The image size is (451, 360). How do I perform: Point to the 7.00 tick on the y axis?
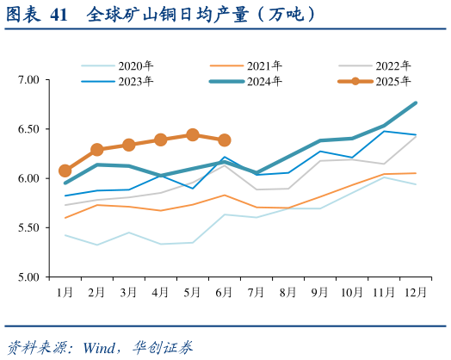pyautogui.click(x=29, y=80)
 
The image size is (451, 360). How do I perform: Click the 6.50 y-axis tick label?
pyautogui.click(x=29, y=129)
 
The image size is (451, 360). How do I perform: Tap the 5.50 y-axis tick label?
pyautogui.click(x=29, y=228)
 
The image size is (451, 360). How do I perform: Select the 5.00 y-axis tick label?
pyautogui.click(x=29, y=277)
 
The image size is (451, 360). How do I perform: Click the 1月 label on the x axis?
pyautogui.click(x=65, y=293)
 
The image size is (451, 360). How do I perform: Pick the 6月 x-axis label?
pyautogui.click(x=225, y=293)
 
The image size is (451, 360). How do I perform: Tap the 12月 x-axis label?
pyautogui.click(x=416, y=293)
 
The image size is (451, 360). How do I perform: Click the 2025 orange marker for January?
pyautogui.click(x=65, y=171)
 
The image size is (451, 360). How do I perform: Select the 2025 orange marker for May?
pyautogui.click(x=193, y=135)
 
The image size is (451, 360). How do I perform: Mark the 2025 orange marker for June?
pyautogui.click(x=225, y=140)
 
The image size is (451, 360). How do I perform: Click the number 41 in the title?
pyautogui.click(x=59, y=15)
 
